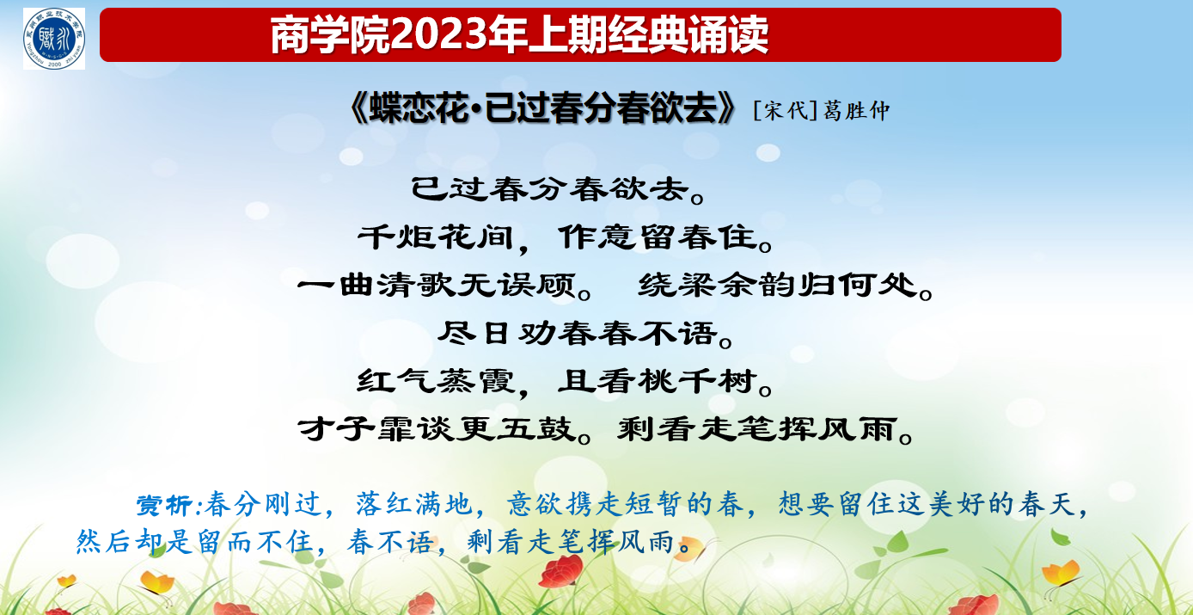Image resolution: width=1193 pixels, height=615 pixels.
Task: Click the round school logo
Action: (54, 39)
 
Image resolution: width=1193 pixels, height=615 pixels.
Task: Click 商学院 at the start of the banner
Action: (330, 35)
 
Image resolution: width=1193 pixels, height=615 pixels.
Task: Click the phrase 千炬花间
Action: (435, 237)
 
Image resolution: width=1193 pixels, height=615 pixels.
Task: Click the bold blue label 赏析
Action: (164, 505)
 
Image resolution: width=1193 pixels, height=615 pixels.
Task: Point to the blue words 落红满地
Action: (413, 504)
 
